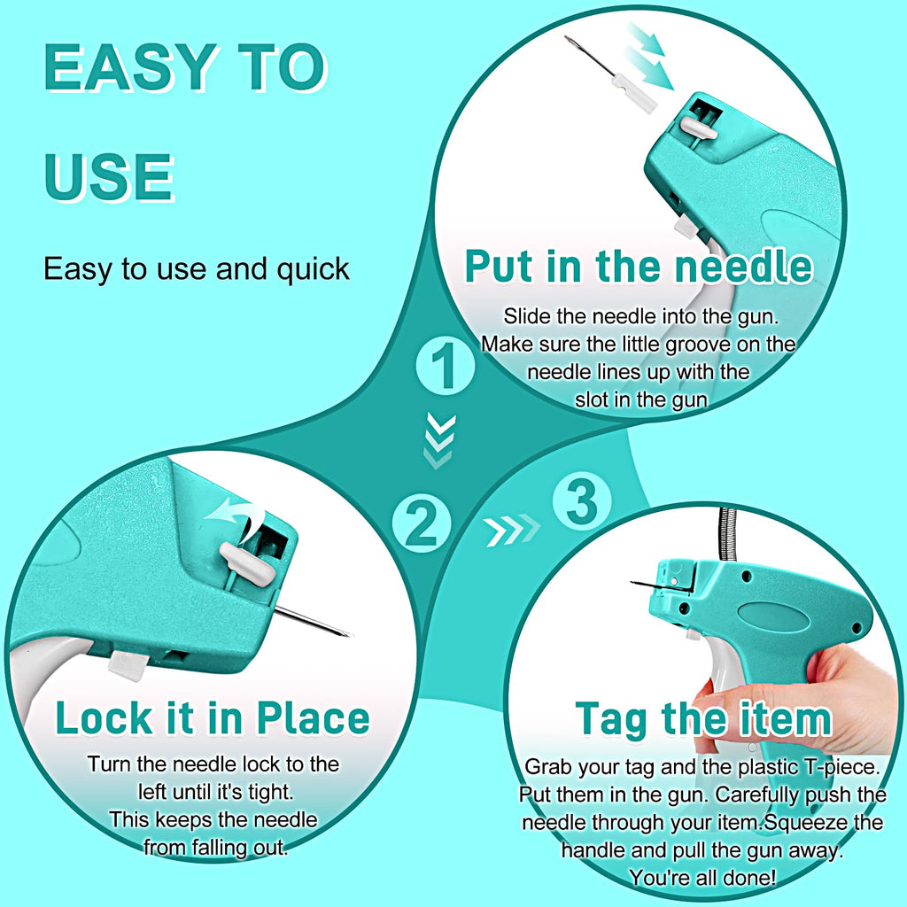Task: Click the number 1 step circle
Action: [x=446, y=367]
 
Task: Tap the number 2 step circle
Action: [x=422, y=524]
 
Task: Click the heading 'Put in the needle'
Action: [x=639, y=267]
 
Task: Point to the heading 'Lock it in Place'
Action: [x=213, y=718]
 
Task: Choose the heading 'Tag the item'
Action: [x=703, y=720]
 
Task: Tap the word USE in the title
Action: [x=109, y=177]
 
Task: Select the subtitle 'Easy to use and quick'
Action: [x=197, y=269]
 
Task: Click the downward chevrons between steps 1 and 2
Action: [x=438, y=440]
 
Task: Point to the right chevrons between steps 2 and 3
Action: [x=511, y=530]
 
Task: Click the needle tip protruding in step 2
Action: [x=349, y=634]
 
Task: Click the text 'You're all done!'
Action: [x=702, y=878]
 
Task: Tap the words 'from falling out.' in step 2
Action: [x=216, y=848]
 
